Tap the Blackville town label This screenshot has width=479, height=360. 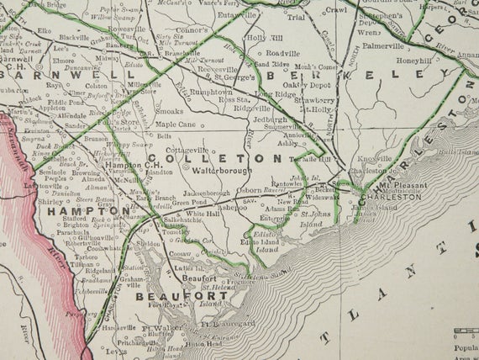click(x=74, y=37)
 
